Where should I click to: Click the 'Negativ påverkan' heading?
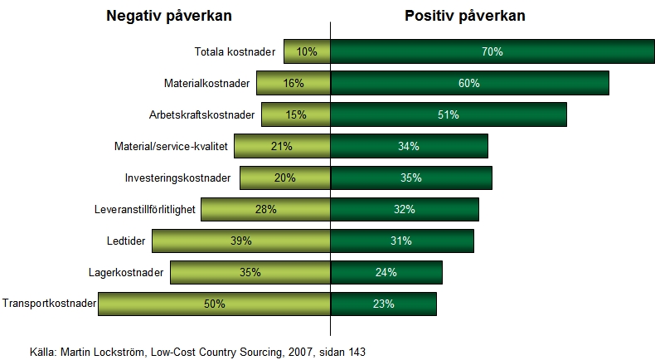click(x=168, y=16)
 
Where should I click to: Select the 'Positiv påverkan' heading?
click(x=465, y=16)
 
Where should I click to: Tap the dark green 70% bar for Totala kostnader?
click(x=492, y=51)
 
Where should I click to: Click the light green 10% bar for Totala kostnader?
click(x=307, y=51)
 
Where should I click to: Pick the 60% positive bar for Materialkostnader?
click(x=470, y=83)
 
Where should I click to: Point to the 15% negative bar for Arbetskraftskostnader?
click(x=296, y=114)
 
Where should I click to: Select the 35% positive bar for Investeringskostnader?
click(x=411, y=178)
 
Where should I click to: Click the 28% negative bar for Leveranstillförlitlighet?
click(x=265, y=209)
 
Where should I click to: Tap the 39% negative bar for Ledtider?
click(x=240, y=241)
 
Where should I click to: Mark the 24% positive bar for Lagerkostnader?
click(x=386, y=272)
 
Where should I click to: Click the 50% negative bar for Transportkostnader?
click(x=214, y=304)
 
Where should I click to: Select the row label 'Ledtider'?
click(x=176, y=241)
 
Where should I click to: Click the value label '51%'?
click(x=449, y=114)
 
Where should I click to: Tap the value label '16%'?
click(x=294, y=83)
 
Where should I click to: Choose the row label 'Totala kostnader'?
click(x=235, y=51)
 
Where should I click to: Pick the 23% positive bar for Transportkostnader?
click(x=384, y=304)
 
